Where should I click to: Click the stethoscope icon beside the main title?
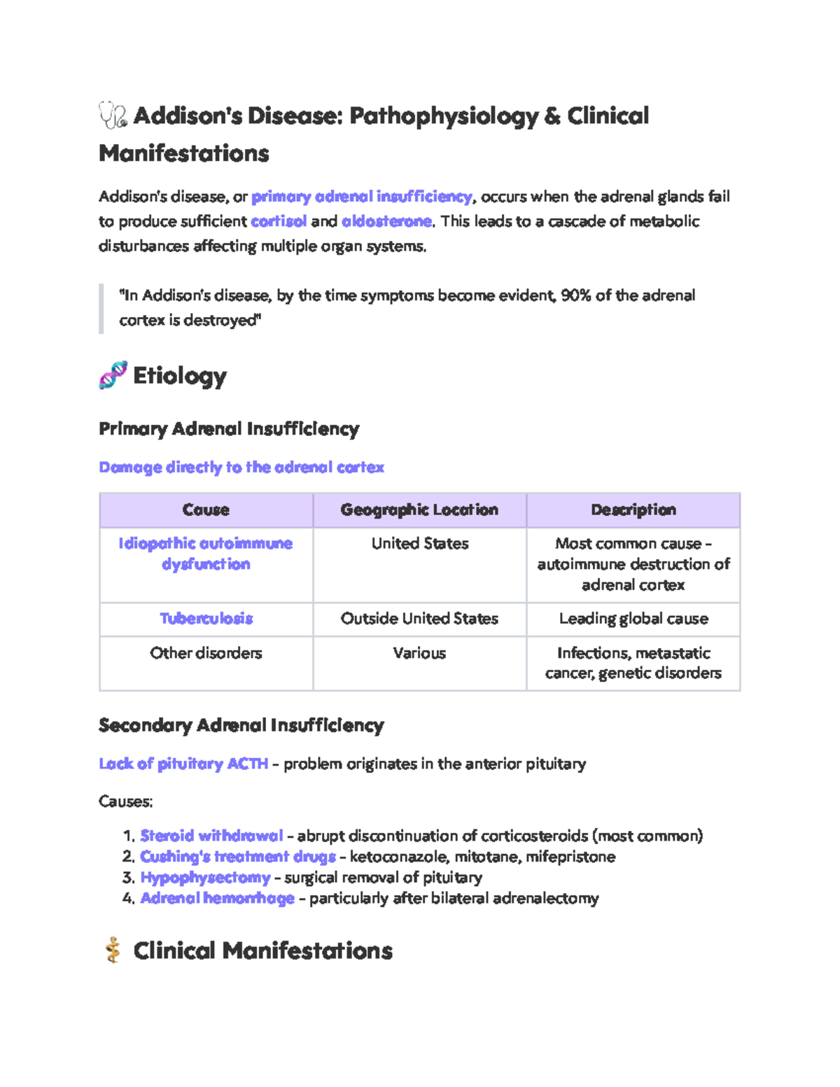coord(113,115)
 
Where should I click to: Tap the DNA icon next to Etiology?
coord(113,376)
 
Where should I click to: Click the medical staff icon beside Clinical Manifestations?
coord(113,951)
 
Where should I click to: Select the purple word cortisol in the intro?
coord(279,221)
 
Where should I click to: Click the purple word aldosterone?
coord(386,221)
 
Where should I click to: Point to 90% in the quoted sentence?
coord(575,295)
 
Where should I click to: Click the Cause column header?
coord(206,510)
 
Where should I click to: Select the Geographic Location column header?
coord(419,510)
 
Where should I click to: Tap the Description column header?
coord(633,510)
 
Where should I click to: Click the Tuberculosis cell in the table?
coord(206,619)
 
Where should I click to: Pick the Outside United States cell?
coord(419,619)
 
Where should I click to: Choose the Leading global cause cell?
coord(633,619)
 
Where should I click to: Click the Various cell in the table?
coord(419,653)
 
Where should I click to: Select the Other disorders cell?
coord(206,653)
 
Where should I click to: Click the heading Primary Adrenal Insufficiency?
coord(229,428)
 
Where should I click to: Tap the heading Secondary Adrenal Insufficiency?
coord(241,725)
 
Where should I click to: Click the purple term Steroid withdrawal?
coord(211,836)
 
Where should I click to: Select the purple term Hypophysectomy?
coord(205,877)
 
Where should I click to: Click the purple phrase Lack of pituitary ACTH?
coord(183,764)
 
